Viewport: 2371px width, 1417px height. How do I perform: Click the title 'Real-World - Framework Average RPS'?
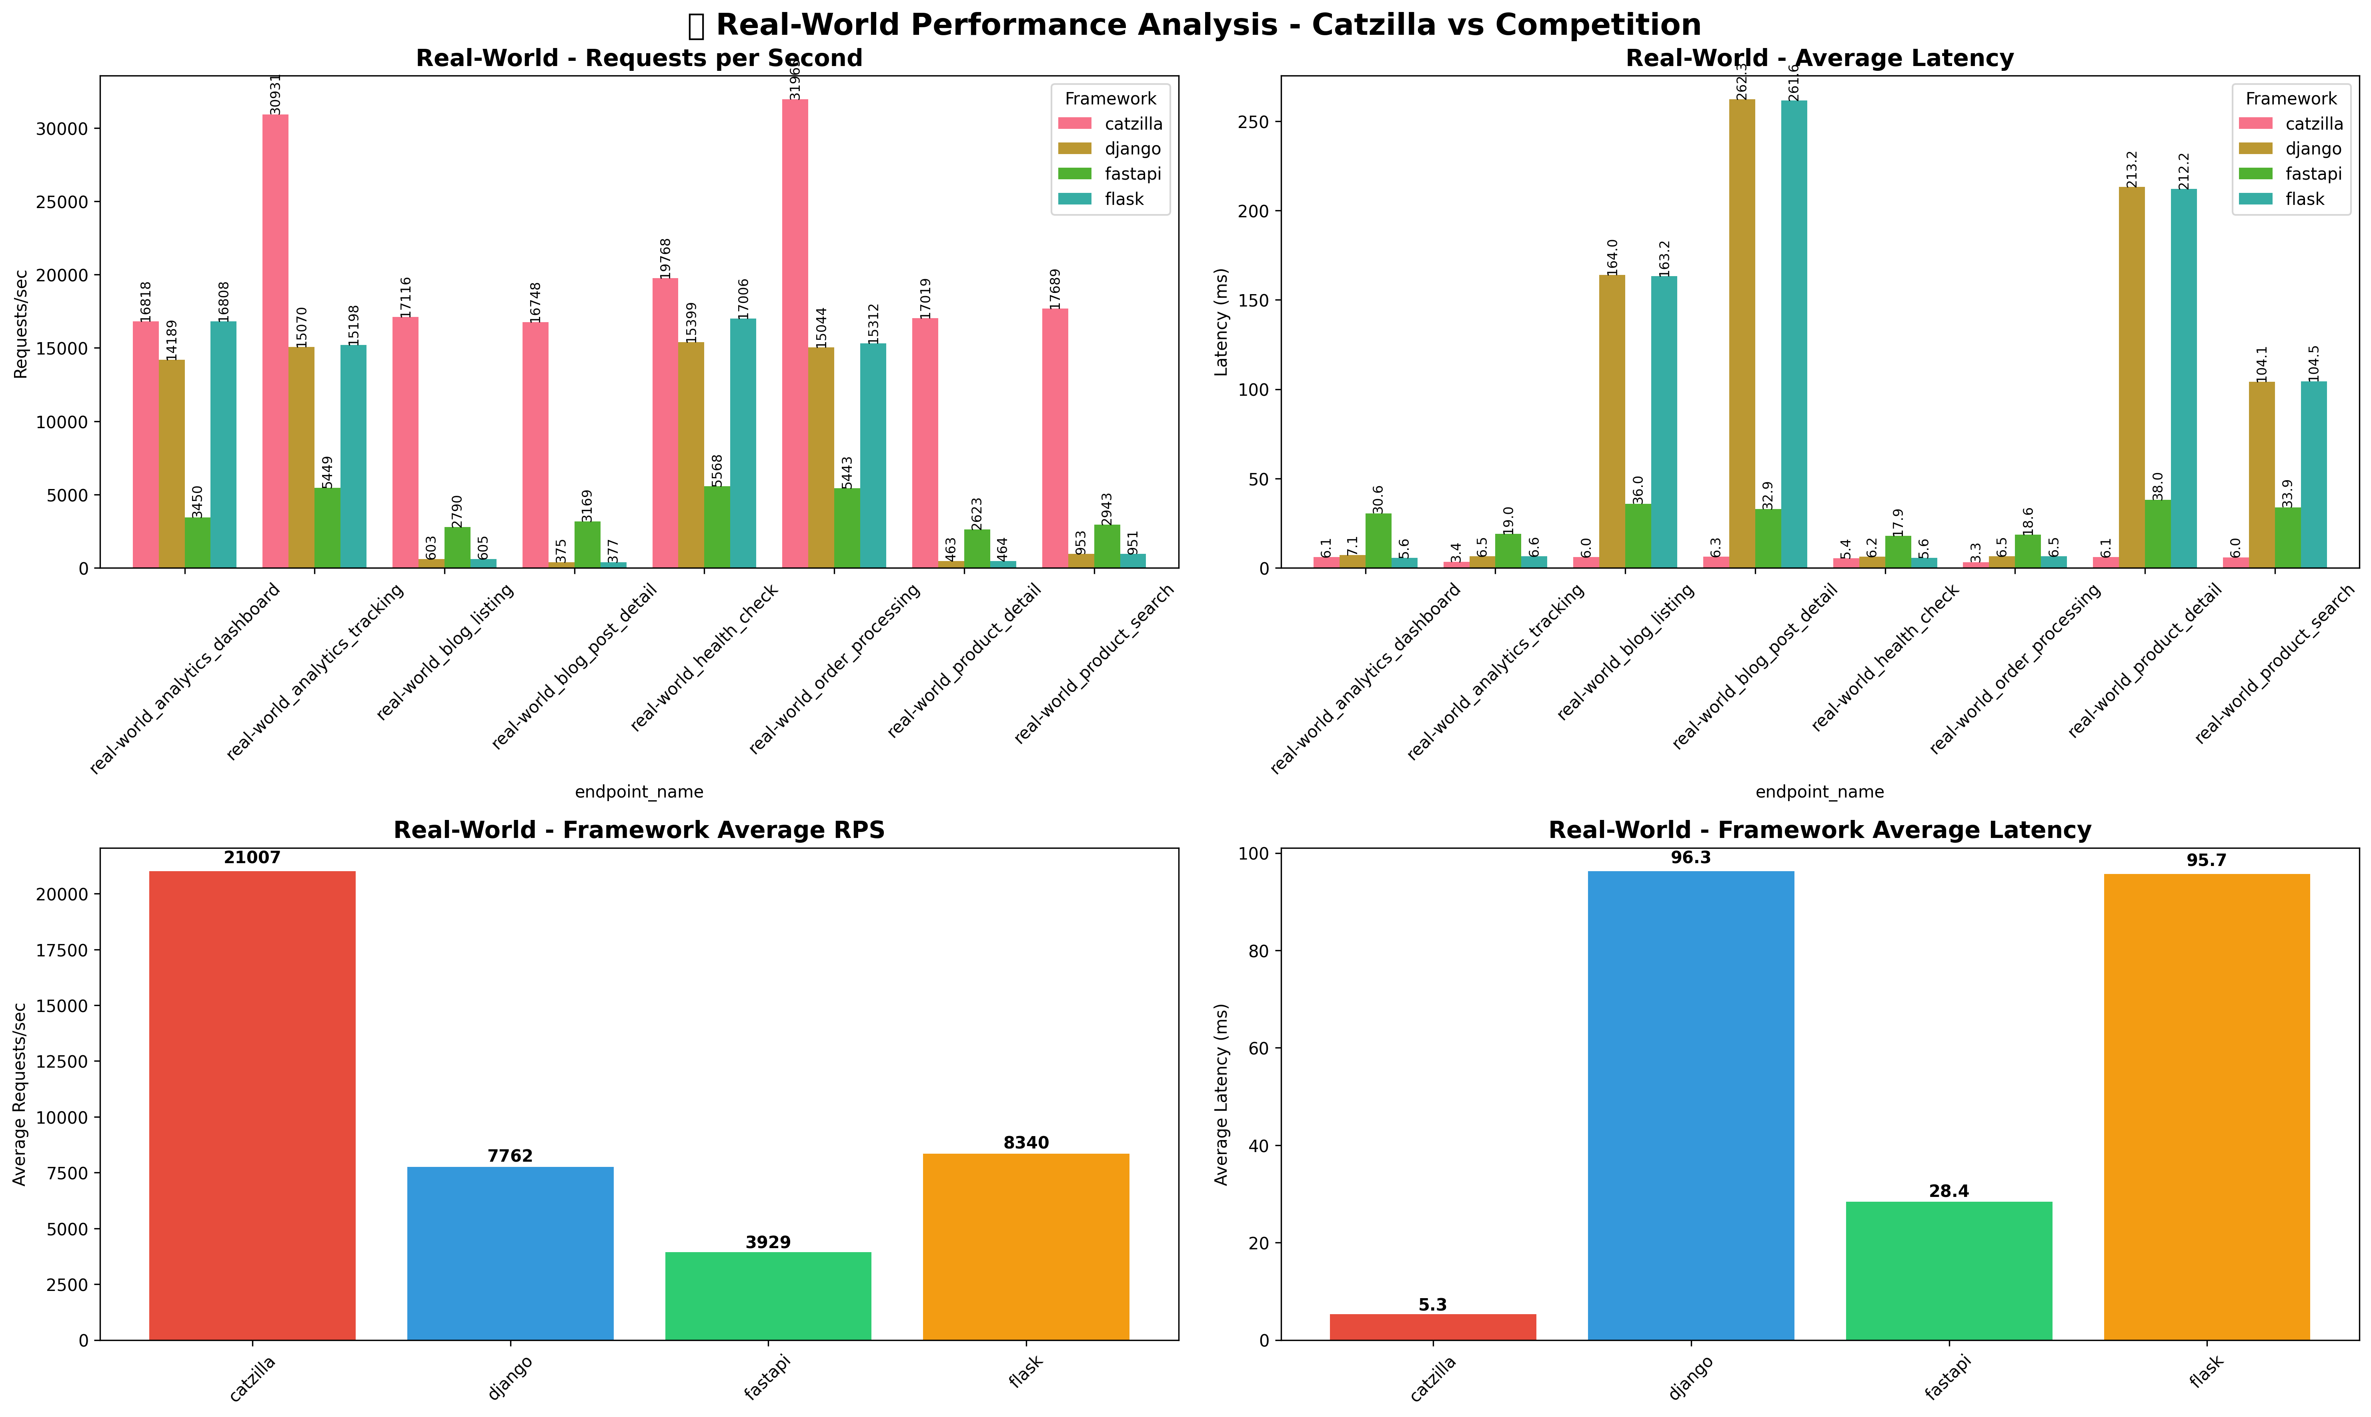pos(639,830)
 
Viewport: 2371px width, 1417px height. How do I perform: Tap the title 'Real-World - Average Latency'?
pos(1819,58)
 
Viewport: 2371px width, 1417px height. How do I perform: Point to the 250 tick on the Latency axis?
pos(1255,122)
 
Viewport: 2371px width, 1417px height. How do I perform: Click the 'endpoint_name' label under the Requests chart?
pos(639,792)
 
